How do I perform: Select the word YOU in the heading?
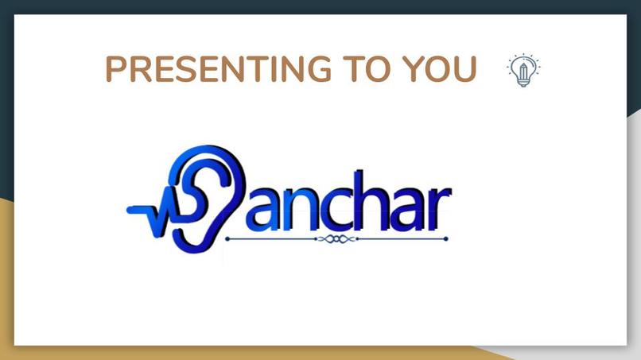440,70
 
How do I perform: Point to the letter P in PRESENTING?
116,70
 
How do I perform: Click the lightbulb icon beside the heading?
523,70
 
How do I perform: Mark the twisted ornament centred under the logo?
336,238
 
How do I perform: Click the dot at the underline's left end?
227,238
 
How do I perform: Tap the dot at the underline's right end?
446,238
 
